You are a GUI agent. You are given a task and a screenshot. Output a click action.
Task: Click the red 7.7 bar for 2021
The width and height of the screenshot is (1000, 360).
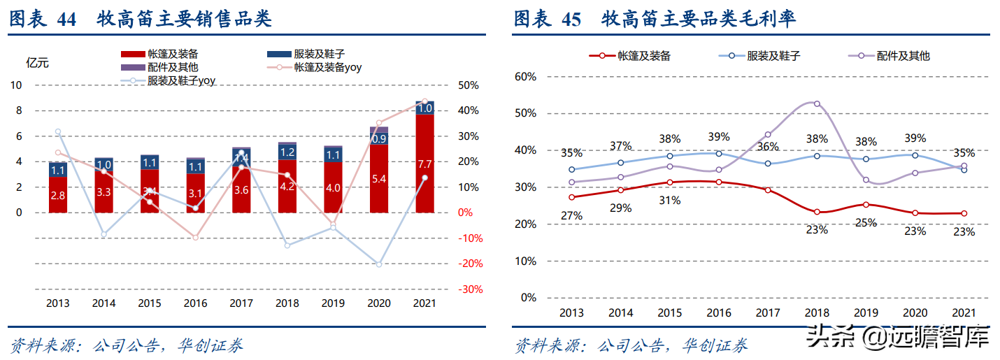(x=424, y=164)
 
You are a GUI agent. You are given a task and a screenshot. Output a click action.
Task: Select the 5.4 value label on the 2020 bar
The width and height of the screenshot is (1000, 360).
(x=378, y=179)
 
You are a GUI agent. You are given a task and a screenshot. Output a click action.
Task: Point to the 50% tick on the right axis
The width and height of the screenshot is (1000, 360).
(x=469, y=85)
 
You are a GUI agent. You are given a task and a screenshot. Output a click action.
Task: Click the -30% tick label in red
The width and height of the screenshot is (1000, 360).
(x=468, y=289)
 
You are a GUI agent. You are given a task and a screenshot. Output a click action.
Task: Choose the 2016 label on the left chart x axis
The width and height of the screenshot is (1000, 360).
(x=195, y=304)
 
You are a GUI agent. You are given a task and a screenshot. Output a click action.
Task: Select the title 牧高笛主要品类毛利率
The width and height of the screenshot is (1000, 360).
(x=699, y=20)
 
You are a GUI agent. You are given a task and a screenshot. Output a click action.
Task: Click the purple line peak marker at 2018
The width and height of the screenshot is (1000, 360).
(x=817, y=104)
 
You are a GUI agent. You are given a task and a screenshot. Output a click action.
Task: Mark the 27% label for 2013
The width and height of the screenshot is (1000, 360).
(x=571, y=216)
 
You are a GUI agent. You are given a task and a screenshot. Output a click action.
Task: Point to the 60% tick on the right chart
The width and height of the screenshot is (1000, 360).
(x=524, y=76)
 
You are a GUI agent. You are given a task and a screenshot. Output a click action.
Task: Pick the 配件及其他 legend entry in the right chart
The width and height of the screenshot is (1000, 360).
(x=903, y=55)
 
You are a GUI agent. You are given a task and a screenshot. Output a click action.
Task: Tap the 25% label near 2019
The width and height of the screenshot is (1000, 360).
(x=866, y=223)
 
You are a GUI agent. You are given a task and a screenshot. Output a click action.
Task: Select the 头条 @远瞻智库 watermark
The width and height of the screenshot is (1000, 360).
(x=898, y=339)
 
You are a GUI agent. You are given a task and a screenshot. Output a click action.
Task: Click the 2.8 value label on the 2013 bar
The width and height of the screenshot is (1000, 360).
(x=58, y=196)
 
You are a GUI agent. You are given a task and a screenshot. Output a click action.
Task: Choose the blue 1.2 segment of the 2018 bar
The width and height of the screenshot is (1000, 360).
(x=287, y=152)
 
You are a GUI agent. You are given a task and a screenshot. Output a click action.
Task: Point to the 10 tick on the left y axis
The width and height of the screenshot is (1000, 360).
(x=16, y=85)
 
